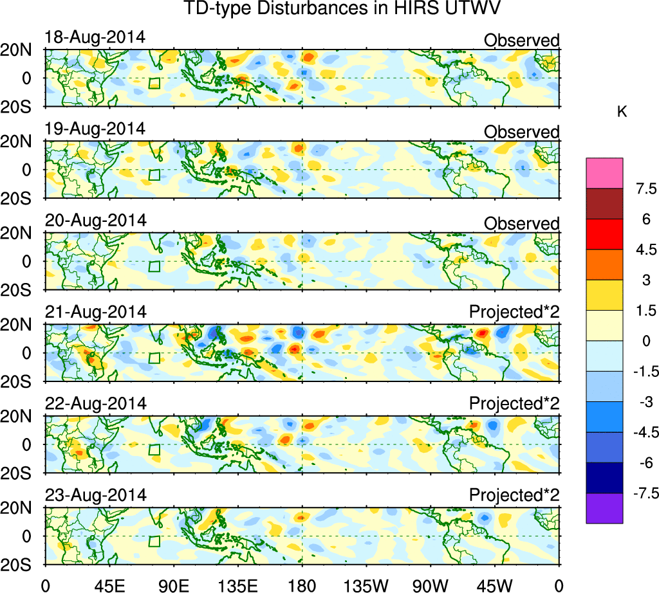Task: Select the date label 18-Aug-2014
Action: pyautogui.click(x=95, y=37)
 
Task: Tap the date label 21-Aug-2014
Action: pyautogui.click(x=96, y=312)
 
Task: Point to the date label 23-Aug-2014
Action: pyautogui.click(x=96, y=495)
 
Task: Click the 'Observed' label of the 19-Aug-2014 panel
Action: pyautogui.click(x=521, y=132)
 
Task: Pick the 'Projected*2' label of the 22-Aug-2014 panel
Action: pyautogui.click(x=514, y=404)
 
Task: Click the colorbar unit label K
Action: pyautogui.click(x=622, y=112)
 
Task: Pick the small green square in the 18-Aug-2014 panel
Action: pyautogui.click(x=154, y=83)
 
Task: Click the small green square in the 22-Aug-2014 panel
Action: pyautogui.click(x=154, y=450)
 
